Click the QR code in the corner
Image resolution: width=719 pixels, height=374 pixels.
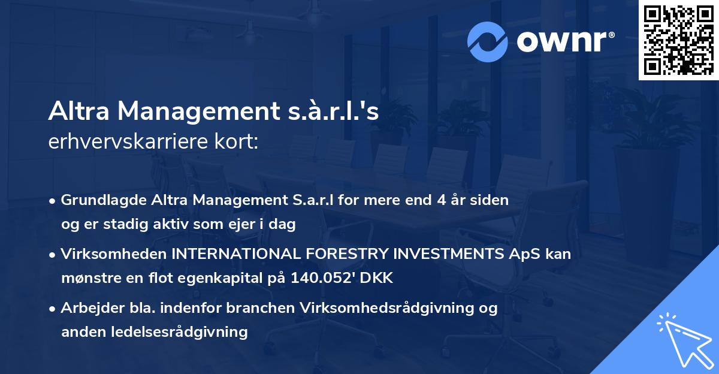click(x=678, y=40)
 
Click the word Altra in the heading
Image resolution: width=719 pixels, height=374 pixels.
click(x=79, y=111)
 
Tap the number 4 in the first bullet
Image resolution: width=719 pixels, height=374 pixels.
click(x=436, y=200)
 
